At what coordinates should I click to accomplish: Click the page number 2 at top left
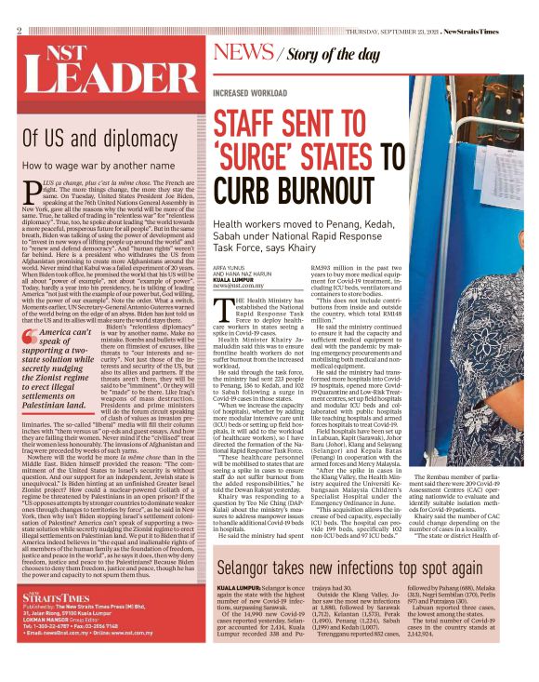(20, 31)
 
